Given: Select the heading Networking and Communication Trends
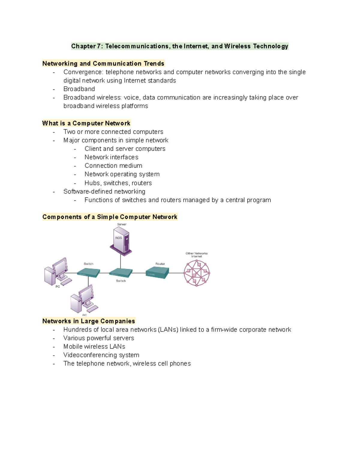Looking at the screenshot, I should coord(103,64).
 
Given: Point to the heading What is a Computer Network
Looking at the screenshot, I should coord(86,123).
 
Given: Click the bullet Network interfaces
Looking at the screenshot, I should coord(111,157).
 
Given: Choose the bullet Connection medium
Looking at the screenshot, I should coord(113,166).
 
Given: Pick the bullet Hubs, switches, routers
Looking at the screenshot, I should coord(118,183).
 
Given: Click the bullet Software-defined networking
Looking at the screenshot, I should coord(104,191).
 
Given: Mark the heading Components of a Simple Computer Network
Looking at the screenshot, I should coord(110,217).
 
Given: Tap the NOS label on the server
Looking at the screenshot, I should coord(119,238).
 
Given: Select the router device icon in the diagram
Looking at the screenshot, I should coord(157,273).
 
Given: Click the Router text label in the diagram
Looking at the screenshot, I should coord(160,264).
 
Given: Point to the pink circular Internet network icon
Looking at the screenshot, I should coord(197,273).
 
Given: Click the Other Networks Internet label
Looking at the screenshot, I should coord(196,255).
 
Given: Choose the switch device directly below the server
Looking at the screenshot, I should coord(121,273).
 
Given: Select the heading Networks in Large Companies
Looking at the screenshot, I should coord(88,321).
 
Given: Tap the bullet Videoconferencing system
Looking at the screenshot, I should coord(101,355).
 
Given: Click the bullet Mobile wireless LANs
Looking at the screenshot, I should coord(94,347).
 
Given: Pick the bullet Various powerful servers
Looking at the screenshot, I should coord(98,338).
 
